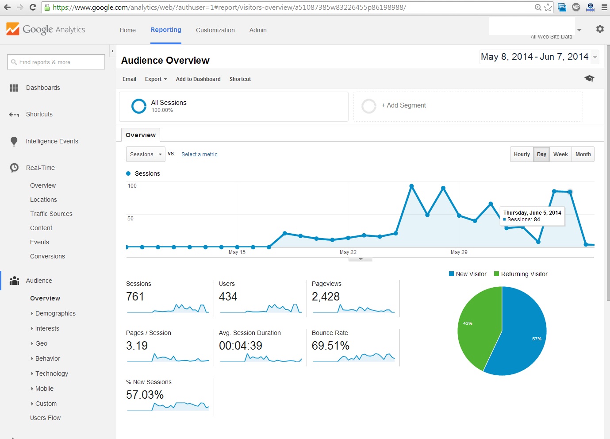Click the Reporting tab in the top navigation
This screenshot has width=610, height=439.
[x=165, y=30]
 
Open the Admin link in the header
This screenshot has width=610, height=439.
[x=257, y=30]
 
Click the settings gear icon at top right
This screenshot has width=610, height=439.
[x=600, y=29]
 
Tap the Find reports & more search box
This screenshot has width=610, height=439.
[x=56, y=62]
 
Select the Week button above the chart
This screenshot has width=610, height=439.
[x=560, y=154]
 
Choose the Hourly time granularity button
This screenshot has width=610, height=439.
[x=522, y=154]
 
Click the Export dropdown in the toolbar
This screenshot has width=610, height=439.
[x=156, y=79]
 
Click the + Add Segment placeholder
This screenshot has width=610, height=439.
[x=403, y=106]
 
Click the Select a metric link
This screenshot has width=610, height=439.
[x=199, y=154]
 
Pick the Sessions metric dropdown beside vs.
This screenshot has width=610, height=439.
[x=146, y=154]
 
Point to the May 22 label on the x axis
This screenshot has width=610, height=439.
[x=348, y=252]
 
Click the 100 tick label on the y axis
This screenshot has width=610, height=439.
[x=132, y=186]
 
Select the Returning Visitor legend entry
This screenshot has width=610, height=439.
[x=524, y=274]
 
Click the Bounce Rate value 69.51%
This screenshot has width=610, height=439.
[x=330, y=346]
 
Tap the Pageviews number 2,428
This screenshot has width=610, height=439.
[x=326, y=297]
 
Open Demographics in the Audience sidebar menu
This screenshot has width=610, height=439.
[x=55, y=313]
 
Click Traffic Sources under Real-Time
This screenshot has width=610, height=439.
[x=51, y=214]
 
